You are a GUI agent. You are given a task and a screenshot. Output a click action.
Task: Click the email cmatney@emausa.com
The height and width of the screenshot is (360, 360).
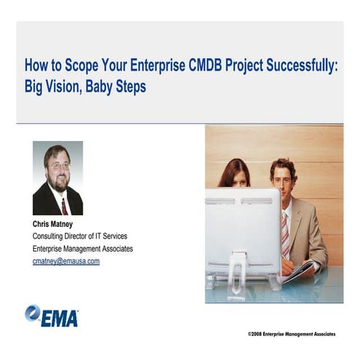point(66,261)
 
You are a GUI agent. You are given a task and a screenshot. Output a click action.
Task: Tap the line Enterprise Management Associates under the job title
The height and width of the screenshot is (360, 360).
point(83,249)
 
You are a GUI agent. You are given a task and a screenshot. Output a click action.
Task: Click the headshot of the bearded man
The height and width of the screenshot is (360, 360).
point(57,177)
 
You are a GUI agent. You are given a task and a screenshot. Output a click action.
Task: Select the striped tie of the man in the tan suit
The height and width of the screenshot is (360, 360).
point(284,233)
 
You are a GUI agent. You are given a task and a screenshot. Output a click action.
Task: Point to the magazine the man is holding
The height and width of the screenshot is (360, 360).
point(300,271)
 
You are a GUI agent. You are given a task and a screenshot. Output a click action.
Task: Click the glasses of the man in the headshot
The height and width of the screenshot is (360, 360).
point(59,166)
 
